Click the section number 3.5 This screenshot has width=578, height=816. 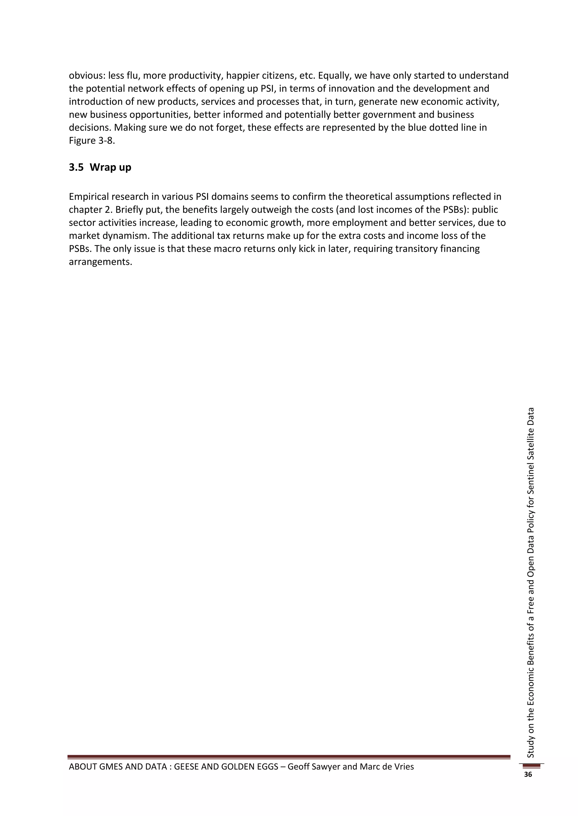pos(76,167)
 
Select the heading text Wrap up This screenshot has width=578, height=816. pos(110,167)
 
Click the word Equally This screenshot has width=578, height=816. pos(334,76)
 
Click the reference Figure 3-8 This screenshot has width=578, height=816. pos(92,141)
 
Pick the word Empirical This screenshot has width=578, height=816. pos(90,197)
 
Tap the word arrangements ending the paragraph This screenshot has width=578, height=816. pos(100,262)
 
